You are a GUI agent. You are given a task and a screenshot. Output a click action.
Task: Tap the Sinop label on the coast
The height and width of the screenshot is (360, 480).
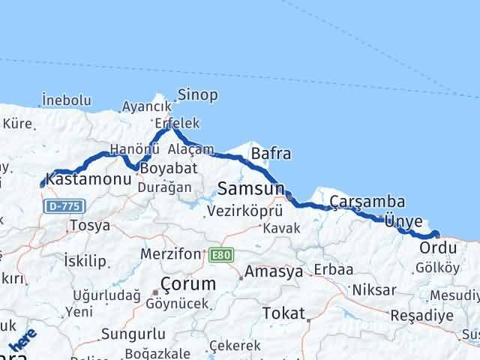pyautogui.click(x=197, y=95)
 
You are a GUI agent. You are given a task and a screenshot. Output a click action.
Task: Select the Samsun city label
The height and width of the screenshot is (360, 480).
pyautogui.click(x=251, y=187)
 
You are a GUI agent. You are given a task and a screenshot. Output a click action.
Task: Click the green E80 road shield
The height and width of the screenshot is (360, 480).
pyautogui.click(x=220, y=256)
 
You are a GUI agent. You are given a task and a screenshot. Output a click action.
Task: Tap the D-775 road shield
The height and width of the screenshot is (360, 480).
pyautogui.click(x=64, y=205)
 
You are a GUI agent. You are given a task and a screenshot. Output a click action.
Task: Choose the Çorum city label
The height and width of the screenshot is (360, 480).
pyautogui.click(x=187, y=284)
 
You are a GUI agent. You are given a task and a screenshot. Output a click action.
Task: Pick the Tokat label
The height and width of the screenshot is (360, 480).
pyautogui.click(x=283, y=313)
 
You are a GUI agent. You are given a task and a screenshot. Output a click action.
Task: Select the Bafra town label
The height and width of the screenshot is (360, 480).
pyautogui.click(x=271, y=154)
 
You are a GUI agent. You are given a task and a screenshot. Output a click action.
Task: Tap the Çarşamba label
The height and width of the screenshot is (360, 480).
pyautogui.click(x=367, y=202)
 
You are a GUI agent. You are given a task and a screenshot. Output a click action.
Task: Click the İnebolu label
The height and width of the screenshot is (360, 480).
pyautogui.click(x=67, y=100)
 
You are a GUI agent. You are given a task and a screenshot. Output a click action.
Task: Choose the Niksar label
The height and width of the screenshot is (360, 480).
pyautogui.click(x=373, y=289)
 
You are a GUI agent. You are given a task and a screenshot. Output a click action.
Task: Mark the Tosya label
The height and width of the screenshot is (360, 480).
pyautogui.click(x=89, y=225)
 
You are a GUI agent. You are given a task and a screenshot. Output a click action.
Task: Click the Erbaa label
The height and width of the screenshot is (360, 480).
pyautogui.click(x=333, y=270)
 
